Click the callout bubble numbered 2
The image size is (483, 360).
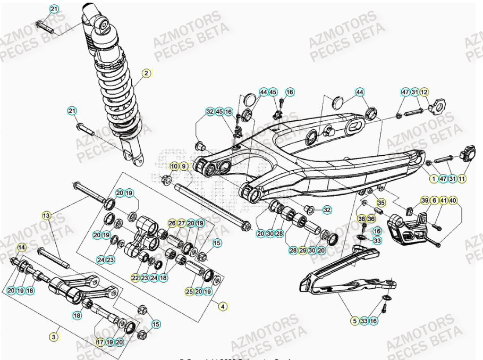coord(146,73)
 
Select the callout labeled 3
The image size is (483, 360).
coord(54,337)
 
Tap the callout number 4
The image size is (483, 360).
coord(223,306)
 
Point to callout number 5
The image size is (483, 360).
coord(354,321)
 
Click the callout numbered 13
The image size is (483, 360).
coord(47,215)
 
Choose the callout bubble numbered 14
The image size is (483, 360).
coord(22,247)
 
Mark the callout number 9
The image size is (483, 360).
coord(184,167)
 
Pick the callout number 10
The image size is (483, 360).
coord(174,167)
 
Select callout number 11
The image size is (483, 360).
coord(462,179)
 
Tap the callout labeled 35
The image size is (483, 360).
coord(380,203)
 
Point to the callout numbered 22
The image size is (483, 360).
coord(135,278)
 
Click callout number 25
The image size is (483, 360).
coord(189,291)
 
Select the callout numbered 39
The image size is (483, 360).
coord(425,200)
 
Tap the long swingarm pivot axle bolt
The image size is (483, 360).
coord(213,203)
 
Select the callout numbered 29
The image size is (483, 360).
coord(302,250)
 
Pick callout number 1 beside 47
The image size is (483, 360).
coord(434,179)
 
